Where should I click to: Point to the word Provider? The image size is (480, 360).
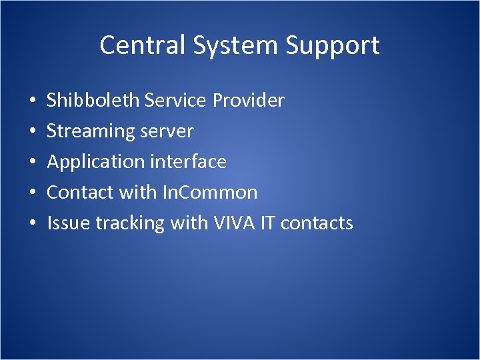(249, 101)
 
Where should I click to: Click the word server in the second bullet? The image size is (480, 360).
(167, 131)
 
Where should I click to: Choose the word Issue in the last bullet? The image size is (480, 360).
(69, 223)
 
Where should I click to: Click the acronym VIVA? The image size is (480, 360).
(230, 223)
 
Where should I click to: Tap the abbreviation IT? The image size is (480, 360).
(265, 223)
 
